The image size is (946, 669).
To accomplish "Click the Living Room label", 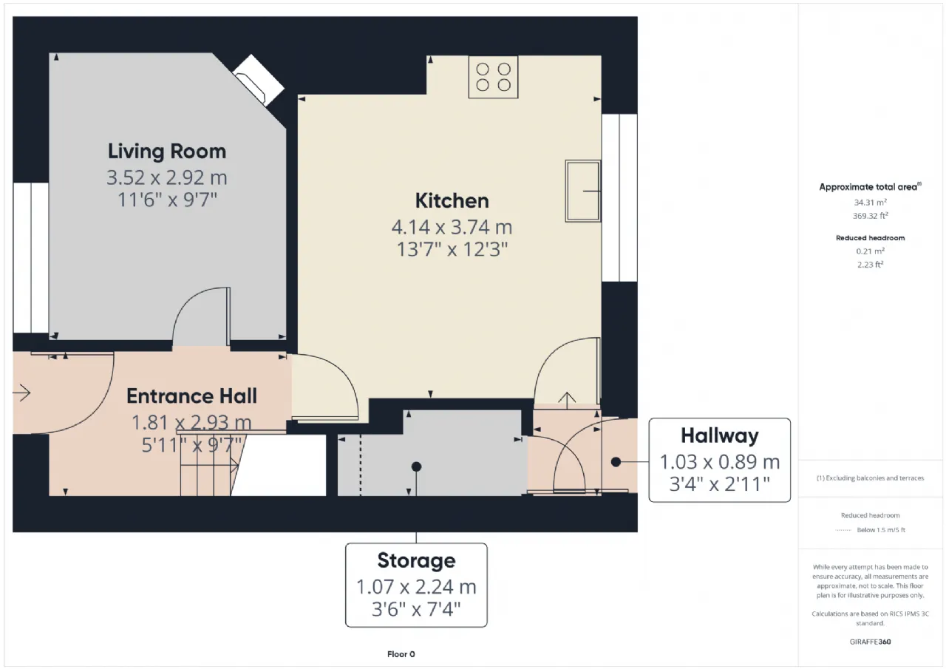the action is tap(167, 152).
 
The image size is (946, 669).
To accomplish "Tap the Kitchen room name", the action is tap(452, 200).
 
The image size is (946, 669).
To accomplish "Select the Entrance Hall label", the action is tap(191, 396).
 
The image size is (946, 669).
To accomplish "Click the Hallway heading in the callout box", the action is tap(720, 436).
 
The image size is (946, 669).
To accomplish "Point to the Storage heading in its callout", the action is tap(416, 560).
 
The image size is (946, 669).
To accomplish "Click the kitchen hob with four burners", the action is tap(493, 78).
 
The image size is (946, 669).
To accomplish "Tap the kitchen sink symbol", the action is tap(583, 191).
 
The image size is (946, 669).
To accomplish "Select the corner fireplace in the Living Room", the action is tap(259, 81).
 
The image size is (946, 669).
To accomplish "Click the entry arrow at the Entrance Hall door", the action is tap(21, 393).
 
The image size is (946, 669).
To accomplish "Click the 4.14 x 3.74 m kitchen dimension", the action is tap(452, 227).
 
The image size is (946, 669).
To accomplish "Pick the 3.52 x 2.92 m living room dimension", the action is tap(167, 178).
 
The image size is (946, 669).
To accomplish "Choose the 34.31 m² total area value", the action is tap(870, 203).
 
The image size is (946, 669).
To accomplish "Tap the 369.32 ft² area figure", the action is tap(870, 216).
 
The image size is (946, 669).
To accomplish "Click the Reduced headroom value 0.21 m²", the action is tap(870, 251).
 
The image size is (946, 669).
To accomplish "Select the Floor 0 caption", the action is tap(401, 654).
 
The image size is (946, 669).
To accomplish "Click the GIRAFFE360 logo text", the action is tap(870, 642).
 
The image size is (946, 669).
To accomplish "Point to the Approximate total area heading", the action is tap(870, 187).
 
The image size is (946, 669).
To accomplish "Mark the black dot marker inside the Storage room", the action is tap(416, 466).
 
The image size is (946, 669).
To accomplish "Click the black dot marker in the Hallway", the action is tap(616, 462).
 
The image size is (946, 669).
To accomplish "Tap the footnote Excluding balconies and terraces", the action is tap(870, 478).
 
